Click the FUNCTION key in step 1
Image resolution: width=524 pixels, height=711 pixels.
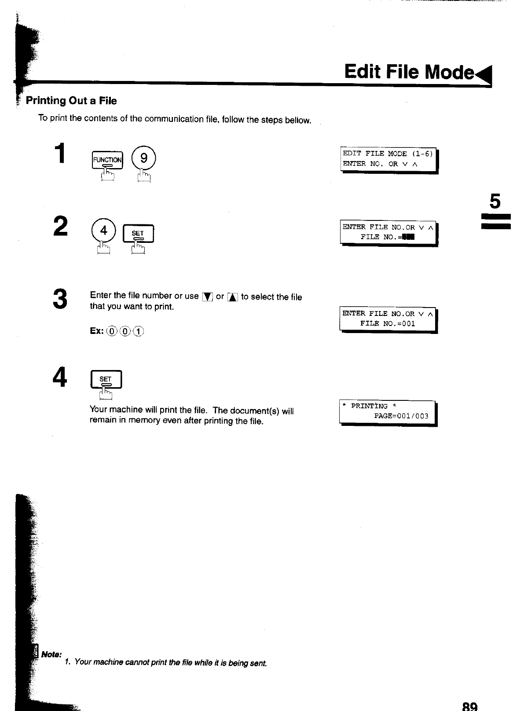[107, 160]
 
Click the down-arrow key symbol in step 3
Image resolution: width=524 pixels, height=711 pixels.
[207, 297]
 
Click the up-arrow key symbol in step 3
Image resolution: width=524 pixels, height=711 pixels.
[232, 297]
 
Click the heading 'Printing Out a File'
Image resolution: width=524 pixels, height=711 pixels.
[71, 101]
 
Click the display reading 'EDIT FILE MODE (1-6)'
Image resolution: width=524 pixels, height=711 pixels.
[388, 154]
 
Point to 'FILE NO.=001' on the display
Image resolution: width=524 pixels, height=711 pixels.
[388, 323]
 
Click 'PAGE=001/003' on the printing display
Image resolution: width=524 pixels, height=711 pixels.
[401, 416]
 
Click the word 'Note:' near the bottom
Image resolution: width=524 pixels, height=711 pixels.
[51, 654]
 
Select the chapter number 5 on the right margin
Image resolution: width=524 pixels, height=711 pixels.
[495, 202]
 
